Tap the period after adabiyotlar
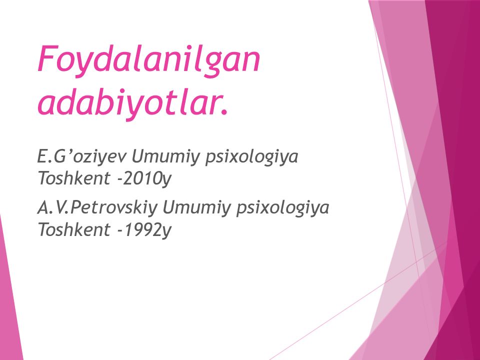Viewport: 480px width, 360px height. pyautogui.click(x=222, y=110)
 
